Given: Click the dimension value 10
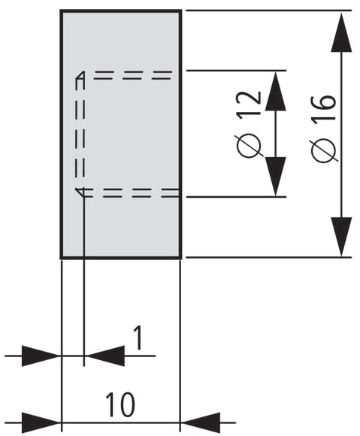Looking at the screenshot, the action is [120, 404].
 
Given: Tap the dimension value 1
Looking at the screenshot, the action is [138, 338].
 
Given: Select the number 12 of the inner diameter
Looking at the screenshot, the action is [249, 103].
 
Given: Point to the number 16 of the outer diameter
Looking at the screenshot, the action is [324, 108].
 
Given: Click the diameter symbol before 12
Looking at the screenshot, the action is [249, 146].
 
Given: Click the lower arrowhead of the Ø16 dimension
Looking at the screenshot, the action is [341, 236].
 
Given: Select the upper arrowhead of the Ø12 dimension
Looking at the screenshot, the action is [276, 91].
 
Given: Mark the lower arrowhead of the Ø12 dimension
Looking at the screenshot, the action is [276, 177].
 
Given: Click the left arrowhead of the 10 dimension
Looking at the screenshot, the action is [41, 422].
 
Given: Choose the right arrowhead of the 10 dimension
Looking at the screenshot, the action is [201, 422].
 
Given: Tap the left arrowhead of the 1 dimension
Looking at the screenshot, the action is [41, 356].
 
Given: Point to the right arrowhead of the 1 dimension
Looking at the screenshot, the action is [104, 356].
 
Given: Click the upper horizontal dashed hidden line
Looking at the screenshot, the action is [132, 75].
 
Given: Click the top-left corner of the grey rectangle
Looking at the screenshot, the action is [61, 11].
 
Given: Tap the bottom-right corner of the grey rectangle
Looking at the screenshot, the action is [181, 259].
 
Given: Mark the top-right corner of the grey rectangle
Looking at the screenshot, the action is [181, 11].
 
